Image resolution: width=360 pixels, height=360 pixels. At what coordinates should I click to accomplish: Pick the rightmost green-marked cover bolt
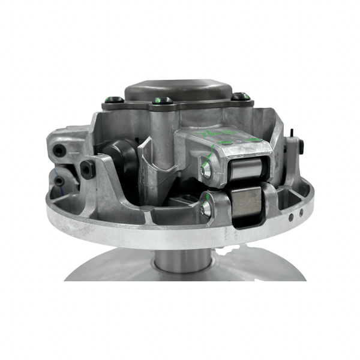240,95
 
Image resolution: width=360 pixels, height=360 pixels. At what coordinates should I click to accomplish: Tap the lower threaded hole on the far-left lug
59,180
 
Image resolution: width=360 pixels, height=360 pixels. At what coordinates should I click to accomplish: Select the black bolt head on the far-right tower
301,145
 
